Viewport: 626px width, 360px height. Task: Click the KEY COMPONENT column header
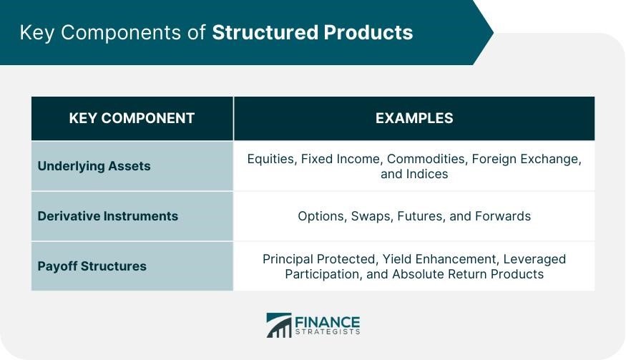[x=132, y=118]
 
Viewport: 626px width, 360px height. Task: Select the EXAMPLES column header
[x=414, y=118]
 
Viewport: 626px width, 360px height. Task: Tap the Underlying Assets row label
[x=94, y=166]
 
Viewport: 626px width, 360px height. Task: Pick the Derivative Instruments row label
[x=108, y=216]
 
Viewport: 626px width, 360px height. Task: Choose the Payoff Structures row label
[x=92, y=266]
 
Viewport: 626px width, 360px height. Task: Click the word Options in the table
[x=323, y=217]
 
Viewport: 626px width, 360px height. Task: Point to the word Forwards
[x=503, y=216]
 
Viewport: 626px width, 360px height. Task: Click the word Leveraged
[x=534, y=260]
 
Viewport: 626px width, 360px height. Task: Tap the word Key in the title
[x=37, y=33]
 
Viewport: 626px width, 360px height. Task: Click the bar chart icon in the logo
[x=279, y=325]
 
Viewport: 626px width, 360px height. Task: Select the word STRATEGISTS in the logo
[x=328, y=331]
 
